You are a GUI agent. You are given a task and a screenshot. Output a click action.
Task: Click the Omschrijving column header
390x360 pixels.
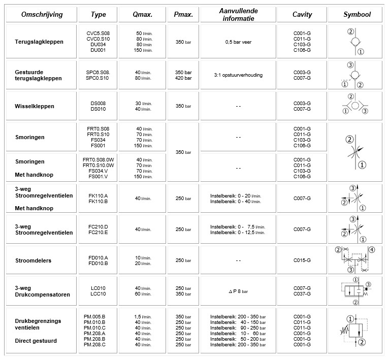pyautogui.click(x=42, y=15)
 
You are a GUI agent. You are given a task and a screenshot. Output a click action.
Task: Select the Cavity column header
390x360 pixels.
pyautogui.click(x=302, y=15)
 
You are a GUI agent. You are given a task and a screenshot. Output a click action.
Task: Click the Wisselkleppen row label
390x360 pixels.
pyautogui.click(x=35, y=106)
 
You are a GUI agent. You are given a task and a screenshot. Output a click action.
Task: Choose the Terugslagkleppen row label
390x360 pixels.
pyautogui.click(x=39, y=42)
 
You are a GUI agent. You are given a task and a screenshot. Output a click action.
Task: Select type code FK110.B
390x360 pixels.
pyautogui.click(x=98, y=201)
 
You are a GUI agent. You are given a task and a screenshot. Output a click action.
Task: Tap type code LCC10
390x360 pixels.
pyautogui.click(x=97, y=293)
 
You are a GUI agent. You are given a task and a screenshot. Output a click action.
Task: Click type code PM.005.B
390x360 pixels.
pyautogui.click(x=94, y=317)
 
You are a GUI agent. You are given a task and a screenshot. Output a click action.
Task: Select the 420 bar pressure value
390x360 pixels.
pyautogui.click(x=183, y=78)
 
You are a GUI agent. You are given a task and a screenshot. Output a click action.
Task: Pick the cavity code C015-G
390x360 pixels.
pyautogui.click(x=302, y=260)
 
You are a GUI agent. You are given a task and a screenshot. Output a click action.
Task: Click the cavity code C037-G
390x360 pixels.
pyautogui.click(x=302, y=293)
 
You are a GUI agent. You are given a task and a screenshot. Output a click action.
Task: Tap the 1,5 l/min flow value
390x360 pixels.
pyautogui.click(x=144, y=317)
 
